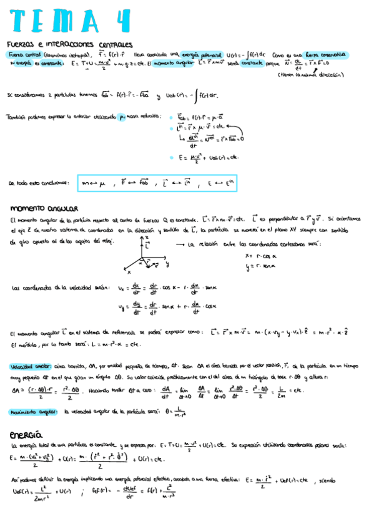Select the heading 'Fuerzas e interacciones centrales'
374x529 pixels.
pyautogui.click(x=69, y=44)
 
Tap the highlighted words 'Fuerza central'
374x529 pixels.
pyautogui.click(x=22, y=54)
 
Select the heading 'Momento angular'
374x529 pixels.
pyautogui.click(x=44, y=208)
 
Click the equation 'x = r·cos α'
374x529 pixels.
pyautogui.click(x=262, y=256)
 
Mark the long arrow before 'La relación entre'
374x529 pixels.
pyautogui.click(x=178, y=245)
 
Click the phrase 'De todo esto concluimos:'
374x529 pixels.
pyautogui.click(x=38, y=183)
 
